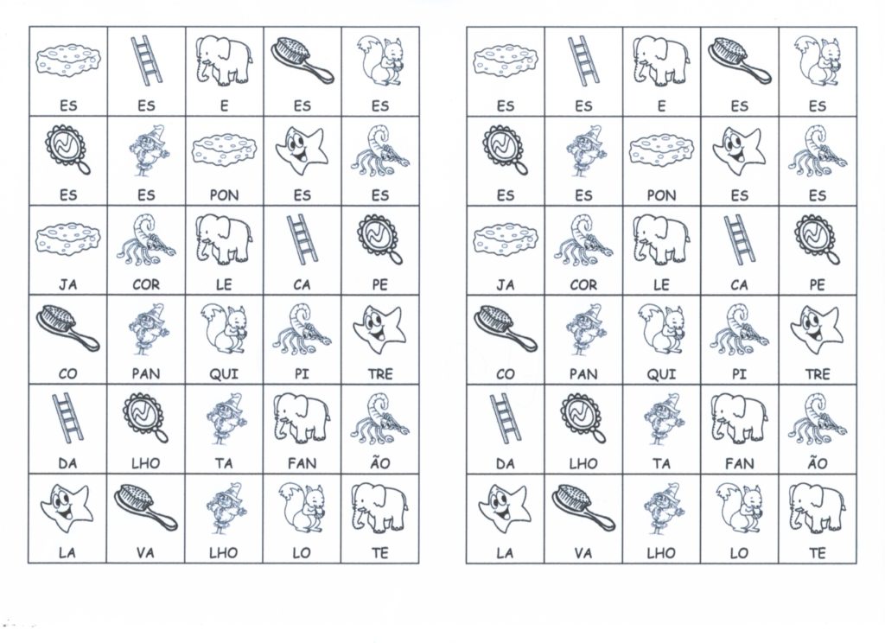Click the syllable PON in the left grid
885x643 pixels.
tap(224, 195)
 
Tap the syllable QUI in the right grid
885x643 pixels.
tap(661, 374)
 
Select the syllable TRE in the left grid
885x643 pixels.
tap(379, 374)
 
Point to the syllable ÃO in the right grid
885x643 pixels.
tap(817, 463)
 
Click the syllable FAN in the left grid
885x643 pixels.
tap(302, 463)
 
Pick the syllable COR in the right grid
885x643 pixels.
tap(583, 284)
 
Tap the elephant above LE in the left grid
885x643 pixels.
tap(224, 239)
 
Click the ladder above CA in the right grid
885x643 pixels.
tap(739, 239)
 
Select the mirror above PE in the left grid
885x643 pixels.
tap(379, 239)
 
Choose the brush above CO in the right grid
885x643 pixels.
tap(505, 328)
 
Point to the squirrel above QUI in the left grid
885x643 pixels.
tap(224, 328)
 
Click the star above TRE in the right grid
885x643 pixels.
tap(816, 327)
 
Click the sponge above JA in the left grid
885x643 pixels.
tap(67, 239)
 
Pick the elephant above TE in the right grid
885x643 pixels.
tap(817, 506)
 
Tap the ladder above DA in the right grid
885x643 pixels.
tap(506, 417)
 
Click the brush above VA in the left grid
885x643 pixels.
tap(145, 507)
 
